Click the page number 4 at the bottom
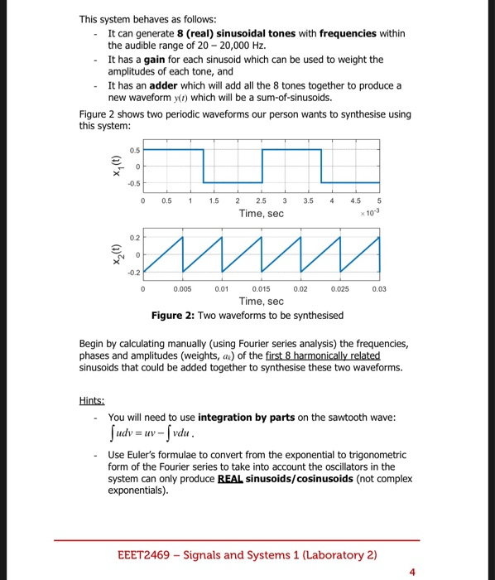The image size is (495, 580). tap(413, 571)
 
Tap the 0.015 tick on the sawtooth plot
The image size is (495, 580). tap(261, 290)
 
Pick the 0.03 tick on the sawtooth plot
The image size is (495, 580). tap(379, 290)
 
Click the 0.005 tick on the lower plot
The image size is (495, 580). tap(182, 290)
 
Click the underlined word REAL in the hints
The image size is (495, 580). tap(233, 479)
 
